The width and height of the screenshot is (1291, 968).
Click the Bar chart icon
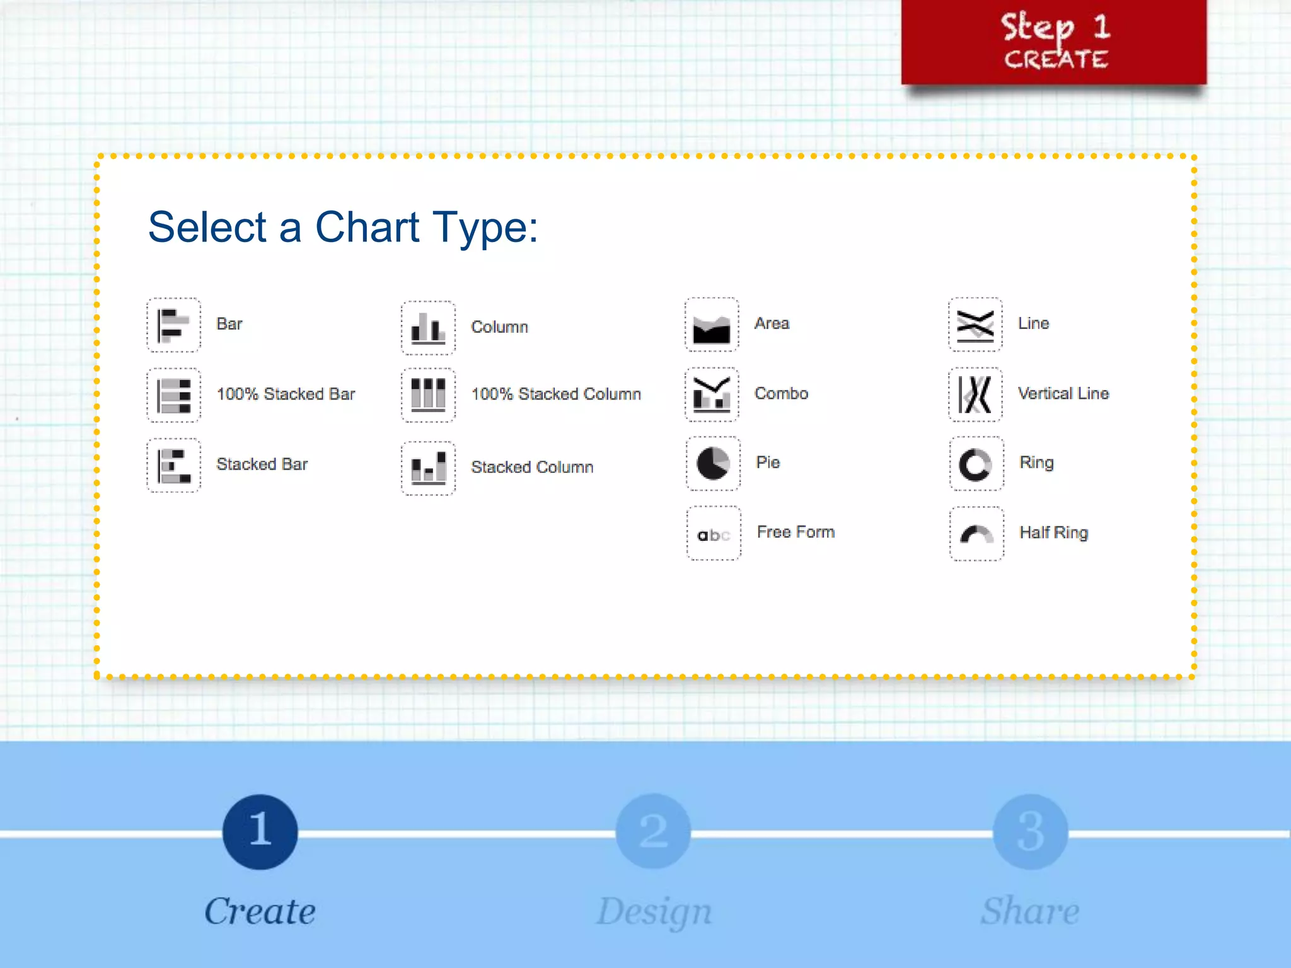pyautogui.click(x=173, y=325)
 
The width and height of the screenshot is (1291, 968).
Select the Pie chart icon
pyautogui.click(x=713, y=463)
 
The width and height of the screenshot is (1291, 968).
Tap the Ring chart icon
pyautogui.click(x=976, y=464)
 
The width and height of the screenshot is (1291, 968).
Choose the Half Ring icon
pyautogui.click(x=976, y=534)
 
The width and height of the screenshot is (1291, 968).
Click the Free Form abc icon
pyautogui.click(x=714, y=534)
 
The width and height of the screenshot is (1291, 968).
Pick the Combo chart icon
pyautogui.click(x=712, y=395)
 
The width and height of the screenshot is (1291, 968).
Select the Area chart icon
pyautogui.click(x=712, y=325)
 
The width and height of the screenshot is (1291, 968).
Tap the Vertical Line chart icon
pyautogui.click(x=975, y=395)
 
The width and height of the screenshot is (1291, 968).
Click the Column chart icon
pyautogui.click(x=428, y=328)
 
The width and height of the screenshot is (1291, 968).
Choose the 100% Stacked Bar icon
pyautogui.click(x=173, y=395)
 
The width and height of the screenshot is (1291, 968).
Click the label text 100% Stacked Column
pyautogui.click(x=556, y=394)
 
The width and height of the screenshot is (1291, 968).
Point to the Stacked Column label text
pyautogui.click(x=532, y=467)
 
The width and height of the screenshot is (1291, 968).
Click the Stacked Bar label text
pyautogui.click(x=262, y=464)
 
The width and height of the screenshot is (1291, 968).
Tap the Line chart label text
pyautogui.click(x=1033, y=323)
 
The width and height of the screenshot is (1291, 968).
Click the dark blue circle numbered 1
pyautogui.click(x=260, y=832)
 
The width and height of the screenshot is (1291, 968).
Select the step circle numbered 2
pyautogui.click(x=653, y=832)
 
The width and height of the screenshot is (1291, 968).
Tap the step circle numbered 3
pyautogui.click(x=1030, y=832)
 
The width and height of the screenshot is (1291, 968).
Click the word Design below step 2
pyautogui.click(x=654, y=912)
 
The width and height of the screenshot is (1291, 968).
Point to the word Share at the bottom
pyautogui.click(x=1030, y=911)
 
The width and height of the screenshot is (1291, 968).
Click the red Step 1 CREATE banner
pyautogui.click(x=1054, y=42)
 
